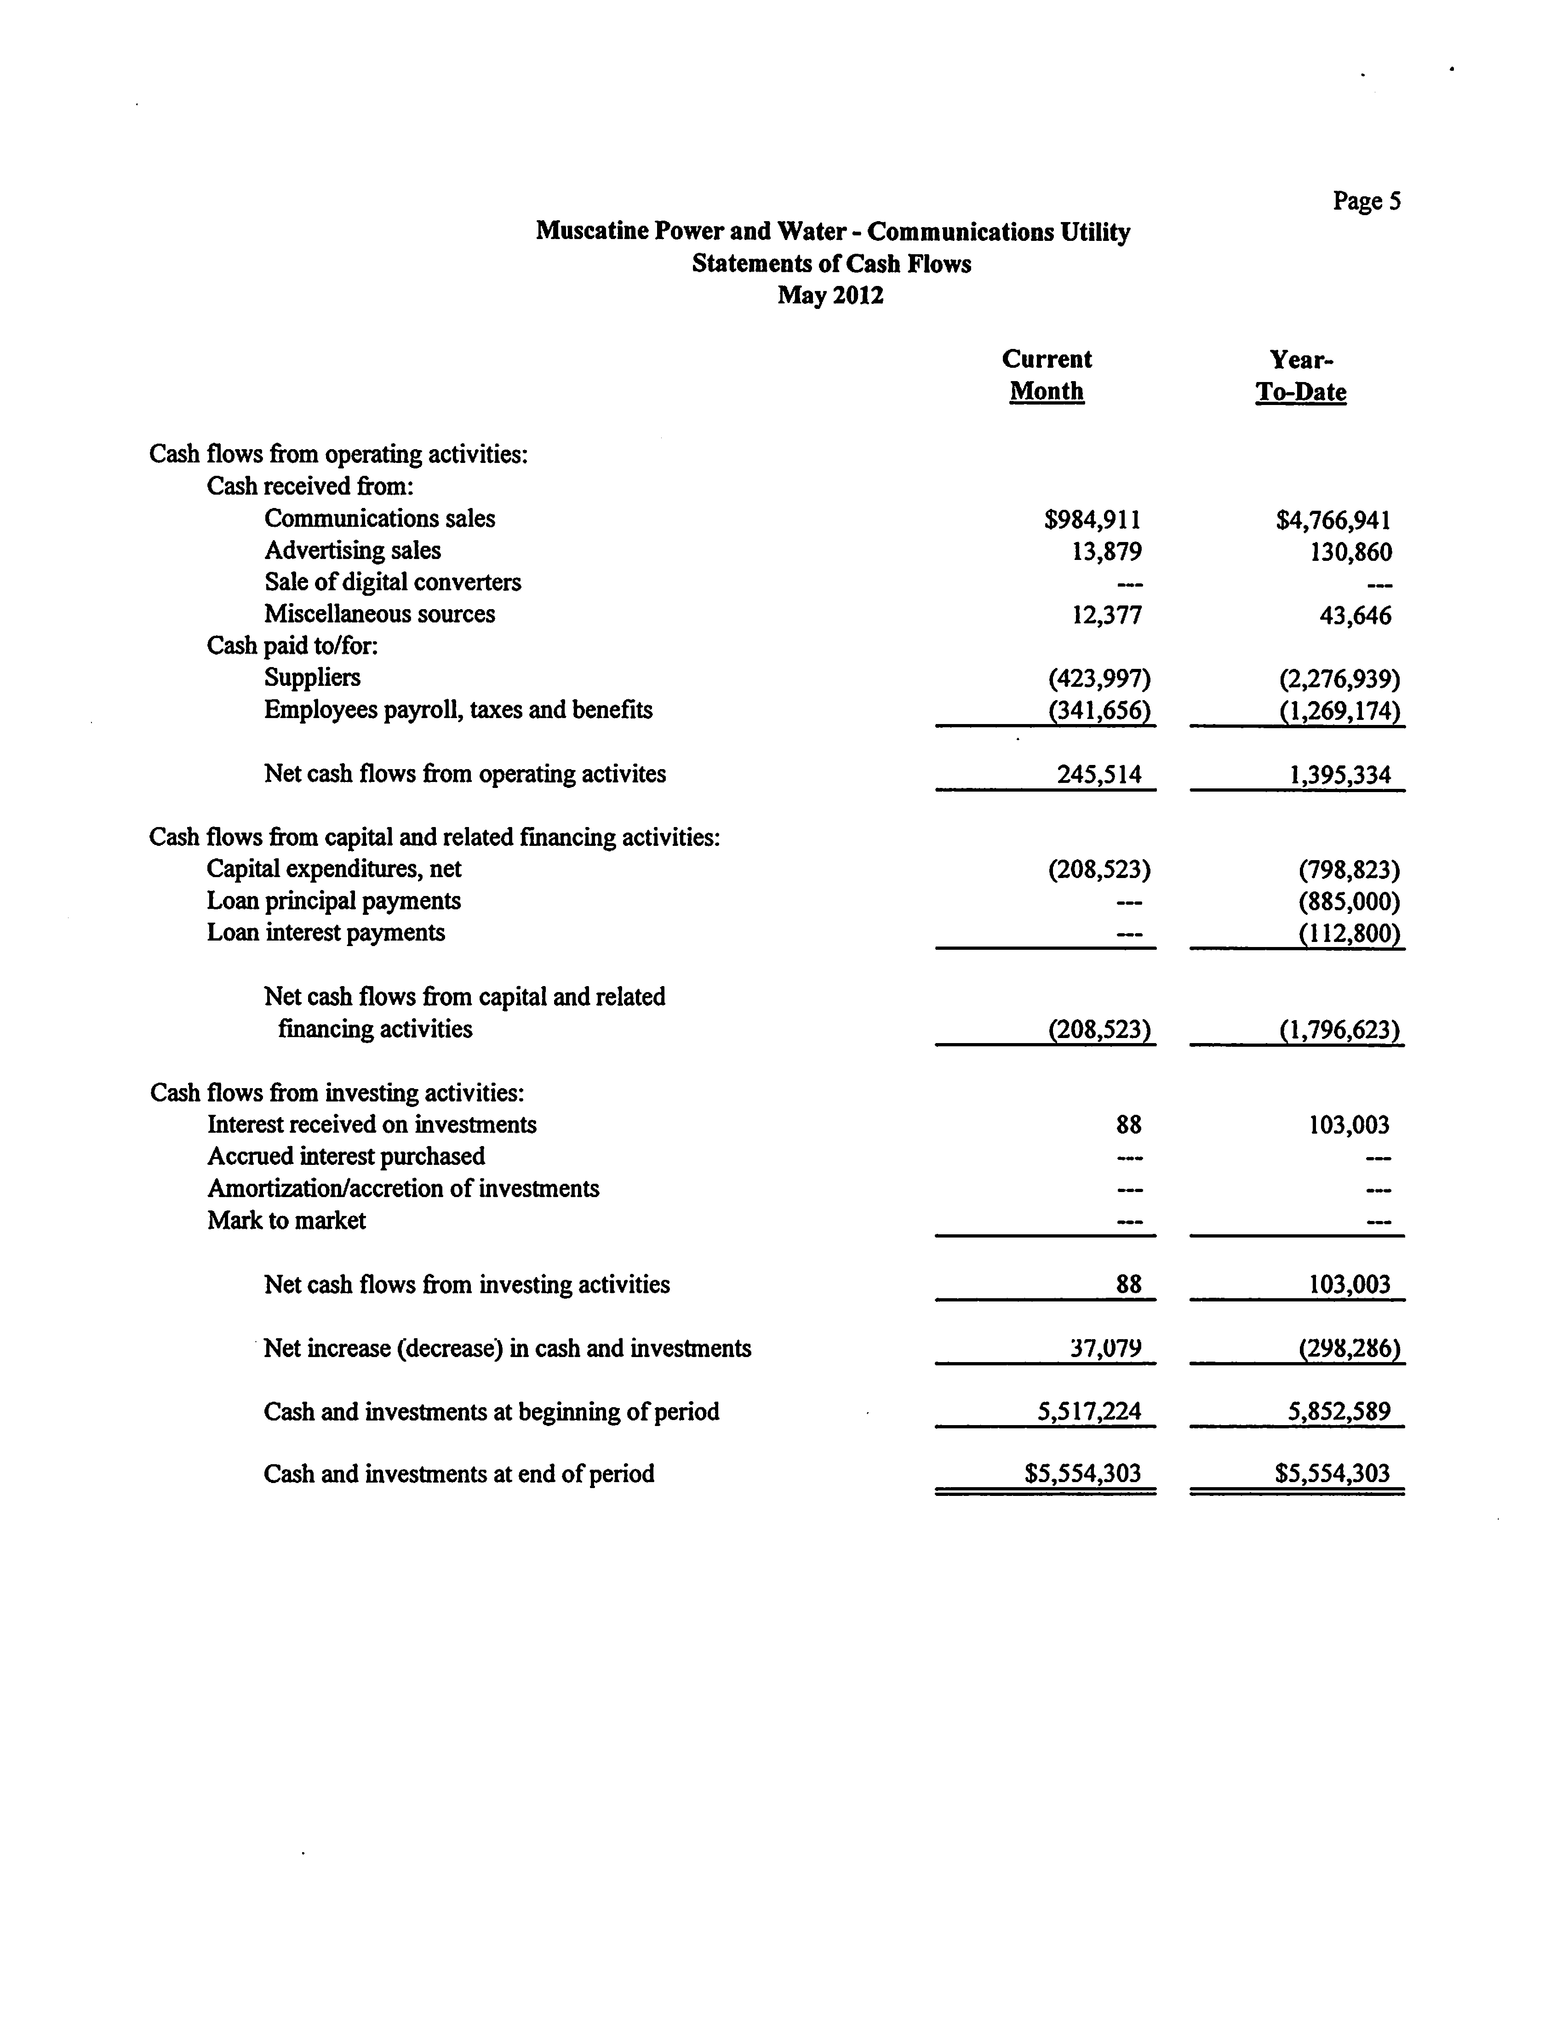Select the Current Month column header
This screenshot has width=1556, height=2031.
(x=1047, y=375)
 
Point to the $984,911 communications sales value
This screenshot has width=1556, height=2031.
(x=1093, y=519)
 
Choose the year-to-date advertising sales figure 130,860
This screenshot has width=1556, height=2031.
(x=1348, y=552)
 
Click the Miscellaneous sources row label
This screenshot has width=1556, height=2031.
(x=380, y=614)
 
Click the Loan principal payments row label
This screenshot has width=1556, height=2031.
(x=333, y=900)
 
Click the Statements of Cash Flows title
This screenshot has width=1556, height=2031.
(x=831, y=264)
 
